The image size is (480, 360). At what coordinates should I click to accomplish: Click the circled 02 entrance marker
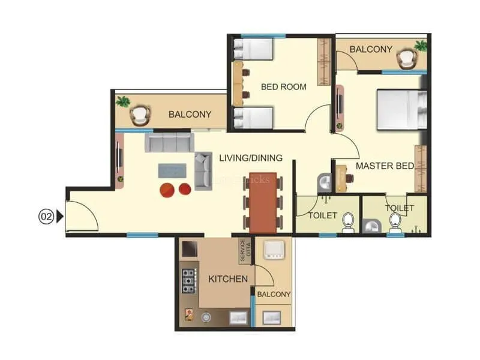pyautogui.click(x=46, y=216)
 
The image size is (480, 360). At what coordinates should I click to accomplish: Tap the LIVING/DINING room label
pyautogui.click(x=250, y=158)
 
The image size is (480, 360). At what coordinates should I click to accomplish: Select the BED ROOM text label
pyautogui.click(x=283, y=87)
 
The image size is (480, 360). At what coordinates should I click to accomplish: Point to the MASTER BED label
pyautogui.click(x=385, y=166)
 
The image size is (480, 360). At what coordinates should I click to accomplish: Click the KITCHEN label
pyautogui.click(x=228, y=279)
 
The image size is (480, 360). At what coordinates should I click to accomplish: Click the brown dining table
pyautogui.click(x=263, y=203)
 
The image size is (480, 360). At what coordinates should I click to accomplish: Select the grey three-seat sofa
pyautogui.click(x=169, y=143)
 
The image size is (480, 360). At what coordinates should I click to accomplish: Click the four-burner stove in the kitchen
pyautogui.click(x=189, y=280)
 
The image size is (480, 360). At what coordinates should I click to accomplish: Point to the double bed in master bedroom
pyautogui.click(x=400, y=109)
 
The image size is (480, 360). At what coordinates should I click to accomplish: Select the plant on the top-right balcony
pyautogui.click(x=421, y=46)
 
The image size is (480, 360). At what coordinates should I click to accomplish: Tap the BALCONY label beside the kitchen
pyautogui.click(x=274, y=295)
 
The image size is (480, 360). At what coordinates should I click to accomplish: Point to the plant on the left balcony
pyautogui.click(x=124, y=101)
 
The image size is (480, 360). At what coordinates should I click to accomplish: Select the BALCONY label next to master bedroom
pyautogui.click(x=371, y=49)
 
